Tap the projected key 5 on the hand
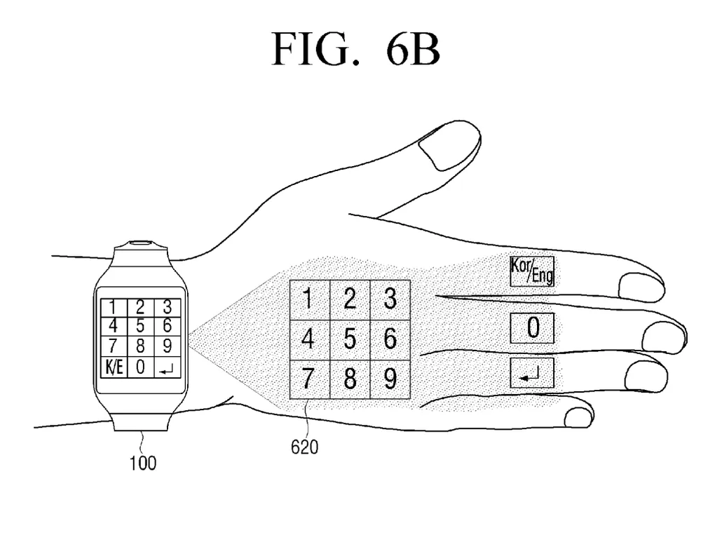350,339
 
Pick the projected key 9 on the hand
390,379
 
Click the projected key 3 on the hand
390,300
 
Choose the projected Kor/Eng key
532,271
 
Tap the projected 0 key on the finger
532,328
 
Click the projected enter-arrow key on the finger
532,373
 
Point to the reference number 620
304,445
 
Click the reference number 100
142,462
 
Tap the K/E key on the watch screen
112,366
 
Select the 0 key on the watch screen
140,366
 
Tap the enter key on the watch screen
166,366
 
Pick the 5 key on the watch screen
140,326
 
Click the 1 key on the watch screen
112,306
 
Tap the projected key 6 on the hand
390,339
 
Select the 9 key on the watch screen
166,346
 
